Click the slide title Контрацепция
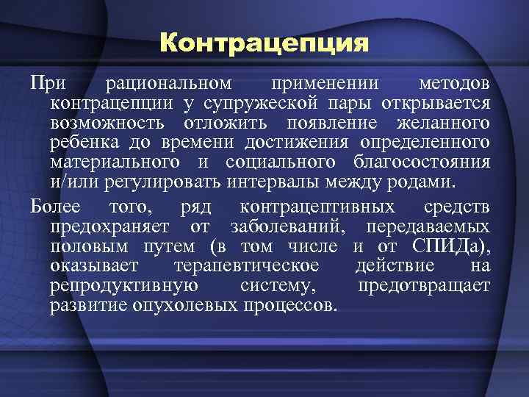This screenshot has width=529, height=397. [264, 43]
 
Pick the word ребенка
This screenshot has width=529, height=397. [82, 140]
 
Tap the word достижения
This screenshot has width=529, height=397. [301, 140]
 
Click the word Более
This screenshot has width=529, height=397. [58, 205]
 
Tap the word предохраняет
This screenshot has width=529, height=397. [109, 225]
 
